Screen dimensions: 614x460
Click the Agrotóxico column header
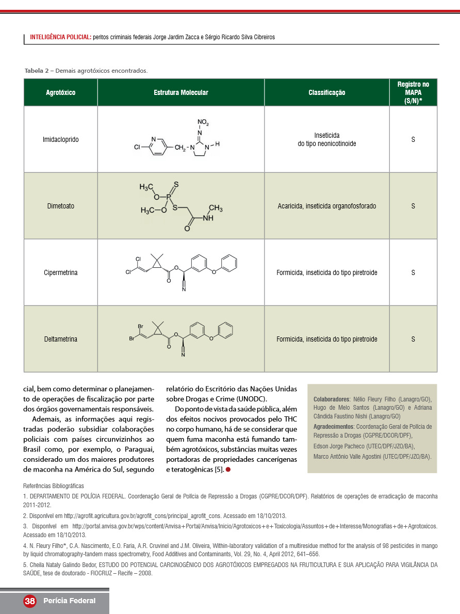pos(60,93)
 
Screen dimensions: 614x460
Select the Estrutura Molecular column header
pos(180,93)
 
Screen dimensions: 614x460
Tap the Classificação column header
pos(326,93)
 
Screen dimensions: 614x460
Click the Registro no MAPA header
pos(413,93)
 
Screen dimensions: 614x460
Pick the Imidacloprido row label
pos(60,140)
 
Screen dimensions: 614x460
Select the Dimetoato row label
pos(60,206)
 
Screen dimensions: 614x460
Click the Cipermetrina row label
pos(60,273)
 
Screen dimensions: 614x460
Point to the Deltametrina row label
pos(60,340)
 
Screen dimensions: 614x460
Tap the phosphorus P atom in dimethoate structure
pos(168,197)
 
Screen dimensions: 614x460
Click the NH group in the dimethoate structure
pos(208,218)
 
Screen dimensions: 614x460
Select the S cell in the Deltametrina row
pos(413,340)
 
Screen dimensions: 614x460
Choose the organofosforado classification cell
pos(326,206)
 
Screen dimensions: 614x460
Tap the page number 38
pos(30,601)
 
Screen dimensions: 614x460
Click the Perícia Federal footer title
pos(69,601)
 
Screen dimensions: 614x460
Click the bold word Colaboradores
pos(332,399)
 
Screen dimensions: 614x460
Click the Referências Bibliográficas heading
pos(54,486)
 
